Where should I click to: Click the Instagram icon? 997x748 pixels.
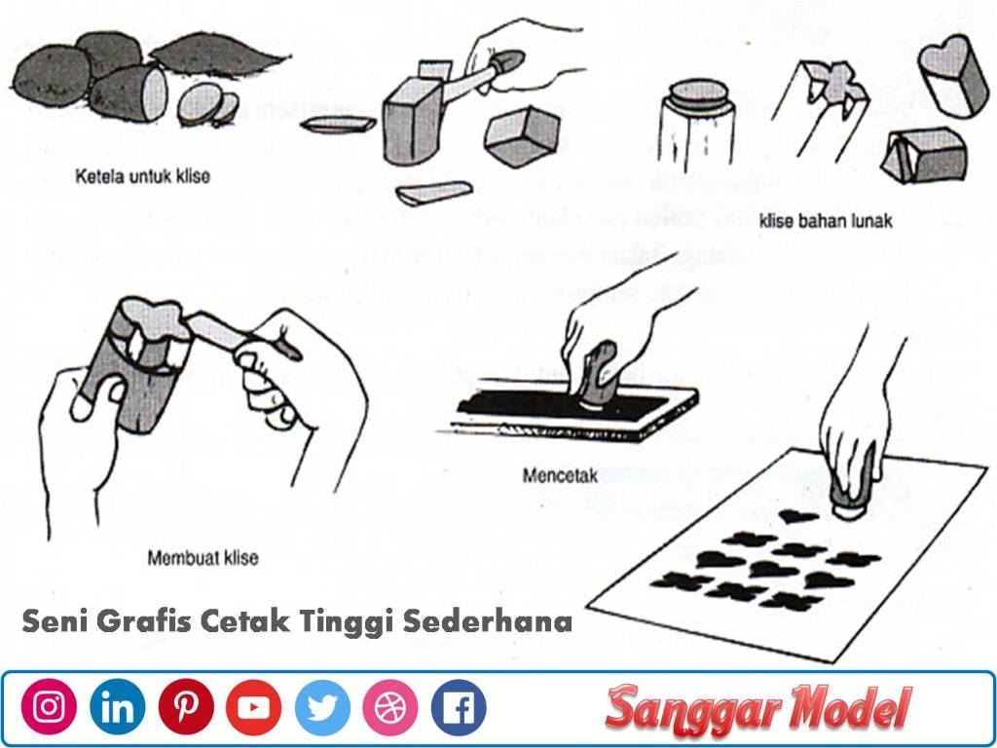point(49,707)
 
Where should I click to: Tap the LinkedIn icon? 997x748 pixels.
point(117,707)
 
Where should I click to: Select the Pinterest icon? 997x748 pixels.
point(186,707)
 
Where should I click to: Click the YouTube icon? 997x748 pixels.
point(253,707)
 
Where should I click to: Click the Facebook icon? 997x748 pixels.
point(458,707)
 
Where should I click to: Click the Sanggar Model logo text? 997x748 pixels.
point(758,709)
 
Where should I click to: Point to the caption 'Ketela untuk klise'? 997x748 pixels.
point(142,177)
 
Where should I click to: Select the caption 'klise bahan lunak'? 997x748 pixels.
point(826,221)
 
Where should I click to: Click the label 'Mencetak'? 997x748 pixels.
point(560,476)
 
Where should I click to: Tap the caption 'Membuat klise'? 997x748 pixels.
point(203,558)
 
